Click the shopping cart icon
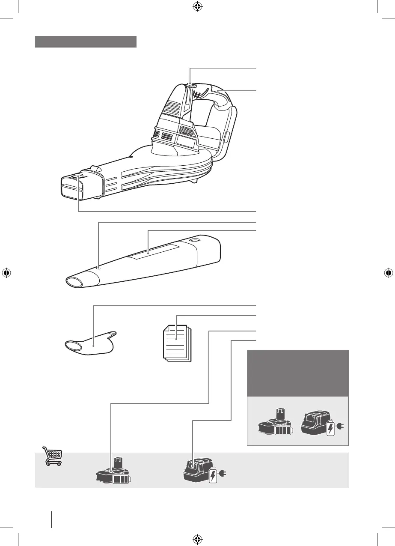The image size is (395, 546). pos(53,456)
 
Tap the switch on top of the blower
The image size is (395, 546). pos(192,85)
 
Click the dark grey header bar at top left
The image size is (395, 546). pos(86,42)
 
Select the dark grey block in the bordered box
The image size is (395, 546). pos(298,373)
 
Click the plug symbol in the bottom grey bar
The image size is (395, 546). pos(223,474)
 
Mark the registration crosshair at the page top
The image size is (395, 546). pos(197,7)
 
